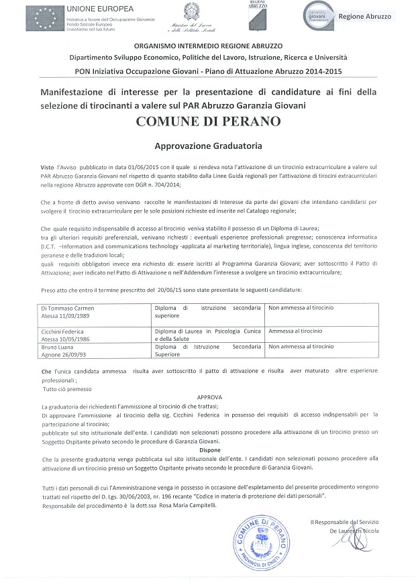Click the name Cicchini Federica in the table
coord(67,331)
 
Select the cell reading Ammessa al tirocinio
coord(295,331)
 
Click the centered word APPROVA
coord(209,397)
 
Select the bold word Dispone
coord(209,450)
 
